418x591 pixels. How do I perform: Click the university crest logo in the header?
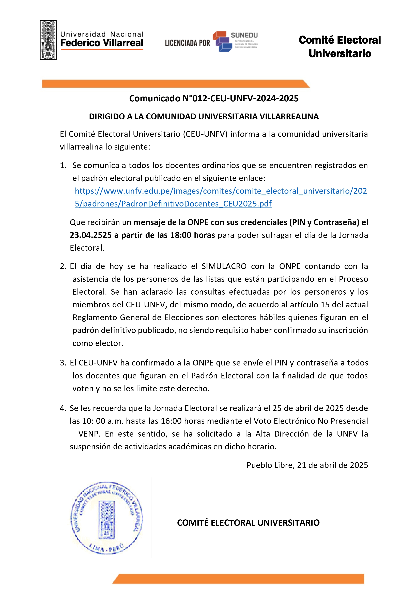tap(48, 40)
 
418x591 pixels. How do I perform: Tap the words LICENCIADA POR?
tap(187, 43)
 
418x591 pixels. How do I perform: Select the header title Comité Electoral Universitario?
tap(339, 47)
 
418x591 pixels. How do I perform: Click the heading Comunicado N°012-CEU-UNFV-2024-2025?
tap(214, 98)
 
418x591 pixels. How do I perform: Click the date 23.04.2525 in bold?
tap(91, 235)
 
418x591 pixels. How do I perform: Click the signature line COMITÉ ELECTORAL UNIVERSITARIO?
tap(248, 523)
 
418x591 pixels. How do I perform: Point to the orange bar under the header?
tap(175, 84)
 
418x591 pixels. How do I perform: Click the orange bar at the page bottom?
tap(238, 579)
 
